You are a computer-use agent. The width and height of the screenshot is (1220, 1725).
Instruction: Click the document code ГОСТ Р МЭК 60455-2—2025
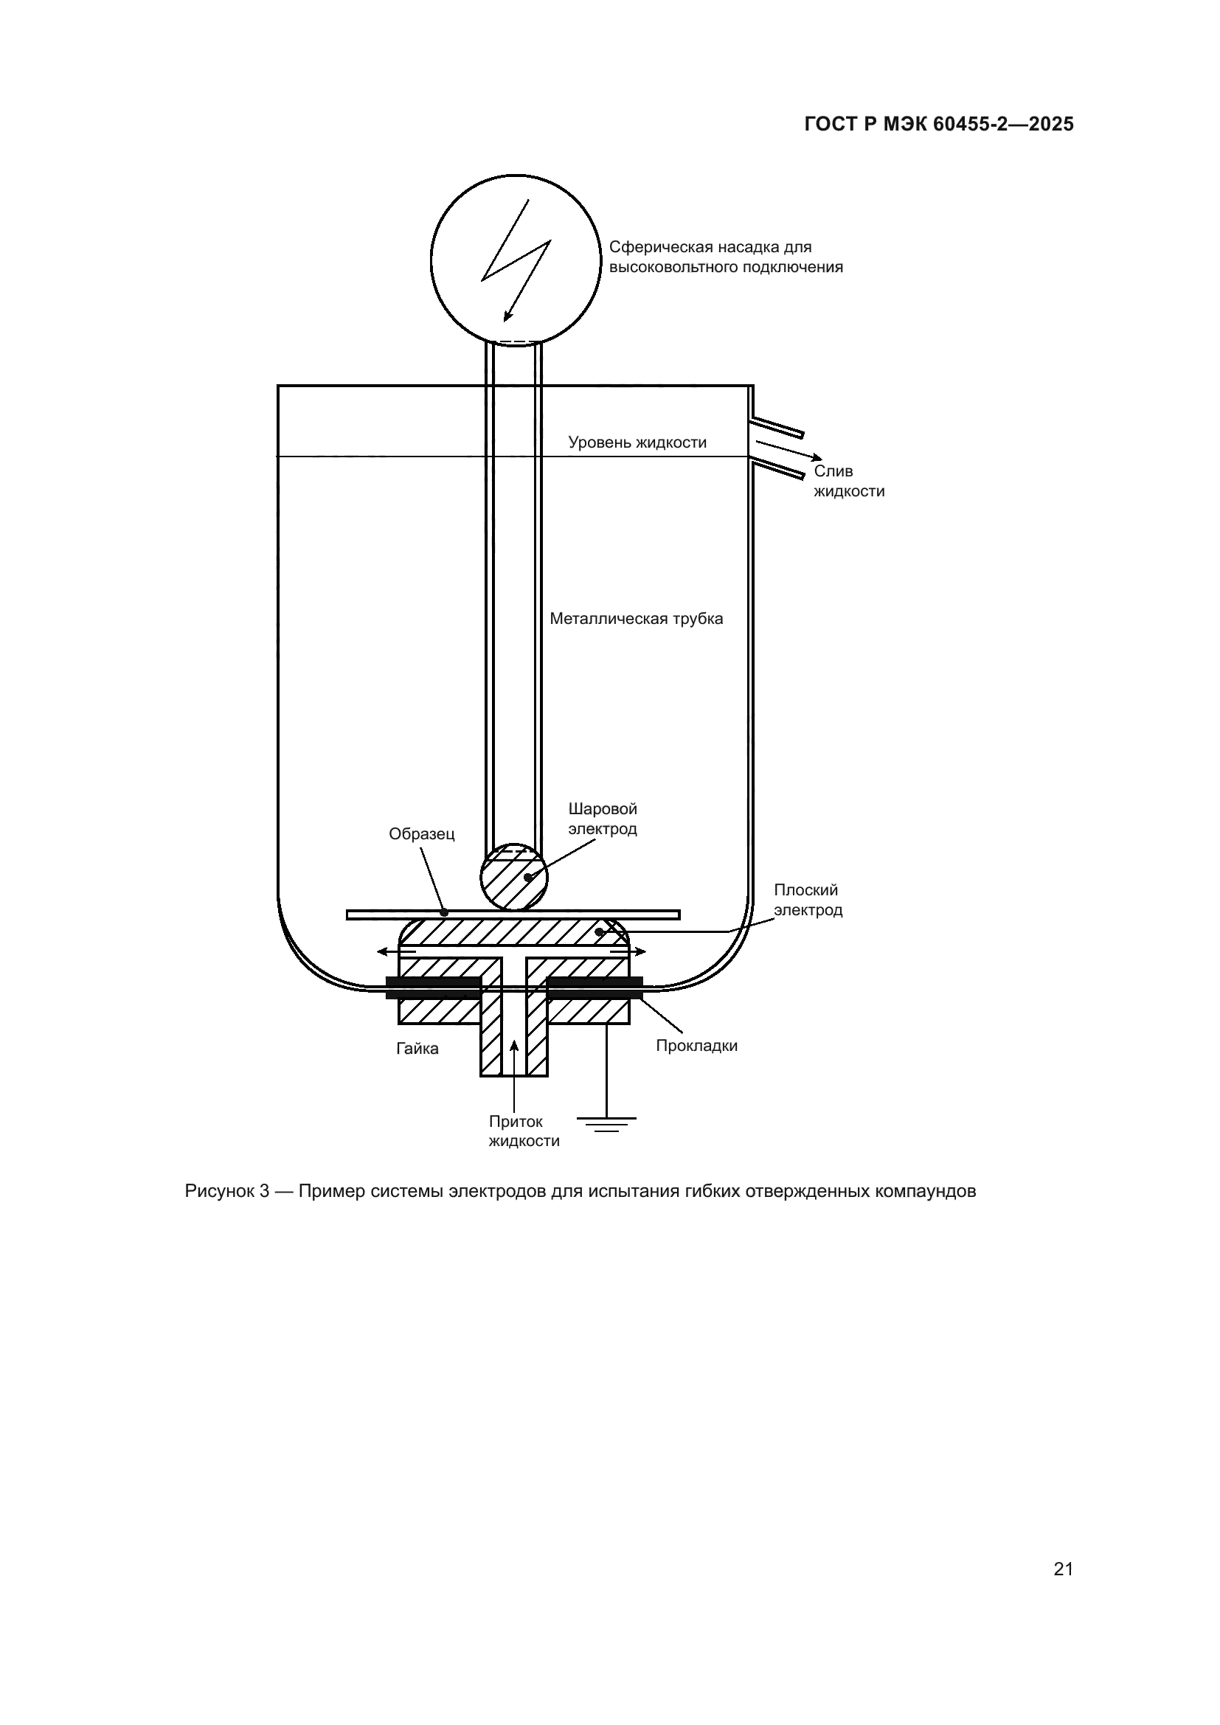tap(938, 125)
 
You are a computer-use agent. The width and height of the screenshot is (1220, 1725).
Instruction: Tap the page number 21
tap(1063, 1569)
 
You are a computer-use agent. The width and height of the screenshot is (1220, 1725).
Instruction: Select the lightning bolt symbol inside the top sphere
tap(518, 260)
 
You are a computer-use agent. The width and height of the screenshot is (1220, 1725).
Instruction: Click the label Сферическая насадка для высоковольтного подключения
tap(725, 257)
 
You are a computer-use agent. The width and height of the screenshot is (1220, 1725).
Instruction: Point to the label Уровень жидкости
tap(637, 442)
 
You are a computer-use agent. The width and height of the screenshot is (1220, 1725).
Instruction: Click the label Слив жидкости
tap(849, 481)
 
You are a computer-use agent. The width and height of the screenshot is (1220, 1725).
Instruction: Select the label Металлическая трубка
tap(636, 619)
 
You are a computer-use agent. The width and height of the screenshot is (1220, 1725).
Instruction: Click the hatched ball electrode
tap(514, 878)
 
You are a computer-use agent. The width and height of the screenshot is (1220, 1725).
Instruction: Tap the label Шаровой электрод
tap(603, 819)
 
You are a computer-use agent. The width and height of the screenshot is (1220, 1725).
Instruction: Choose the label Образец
tap(421, 834)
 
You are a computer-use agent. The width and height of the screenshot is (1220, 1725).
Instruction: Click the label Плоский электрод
tap(808, 900)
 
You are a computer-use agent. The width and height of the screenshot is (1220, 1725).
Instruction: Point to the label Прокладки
tap(696, 1046)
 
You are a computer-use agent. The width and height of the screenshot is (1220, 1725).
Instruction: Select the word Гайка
tap(417, 1049)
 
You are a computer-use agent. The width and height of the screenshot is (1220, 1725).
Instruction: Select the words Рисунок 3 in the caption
tap(227, 1192)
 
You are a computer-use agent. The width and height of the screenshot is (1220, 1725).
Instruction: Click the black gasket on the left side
tap(433, 988)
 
